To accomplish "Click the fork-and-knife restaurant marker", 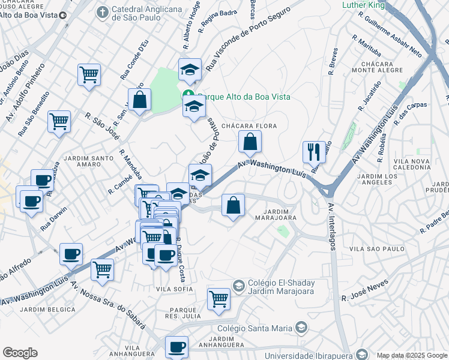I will pyautogui.click(x=314, y=152).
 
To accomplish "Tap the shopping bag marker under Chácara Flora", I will pyautogui.click(x=250, y=143).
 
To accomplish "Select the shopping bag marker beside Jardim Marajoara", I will pyautogui.click(x=234, y=206).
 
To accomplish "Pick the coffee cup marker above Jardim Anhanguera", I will pyautogui.click(x=176, y=347).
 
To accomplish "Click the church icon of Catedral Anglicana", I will pyautogui.click(x=103, y=11).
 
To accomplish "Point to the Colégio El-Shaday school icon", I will pyautogui.click(x=238, y=285).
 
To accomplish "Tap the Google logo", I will pyautogui.click(x=20, y=353).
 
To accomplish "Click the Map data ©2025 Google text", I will pyautogui.click(x=411, y=355).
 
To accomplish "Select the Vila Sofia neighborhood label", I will pyautogui.click(x=175, y=289).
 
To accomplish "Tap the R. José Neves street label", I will pyautogui.click(x=365, y=290).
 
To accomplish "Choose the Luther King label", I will pyautogui.click(x=363, y=5).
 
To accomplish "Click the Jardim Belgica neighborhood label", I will pyautogui.click(x=48, y=310).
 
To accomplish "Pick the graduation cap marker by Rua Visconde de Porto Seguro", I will pyautogui.click(x=190, y=70).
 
